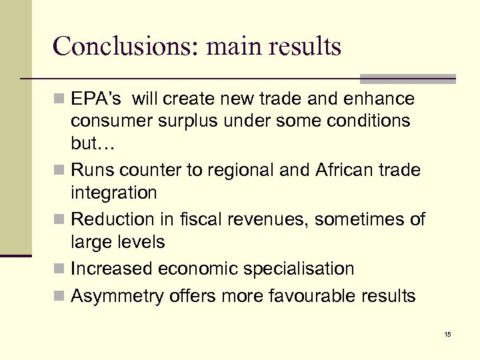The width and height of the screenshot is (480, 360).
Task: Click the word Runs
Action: pos(93,171)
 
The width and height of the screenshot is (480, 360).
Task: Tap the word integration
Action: pos(114,193)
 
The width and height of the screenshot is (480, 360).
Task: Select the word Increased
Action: pos(111,269)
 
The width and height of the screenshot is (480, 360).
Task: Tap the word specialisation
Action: pos(301,269)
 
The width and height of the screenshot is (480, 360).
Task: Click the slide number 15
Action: pos(447,334)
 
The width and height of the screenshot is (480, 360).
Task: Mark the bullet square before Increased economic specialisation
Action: pos(61,269)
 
